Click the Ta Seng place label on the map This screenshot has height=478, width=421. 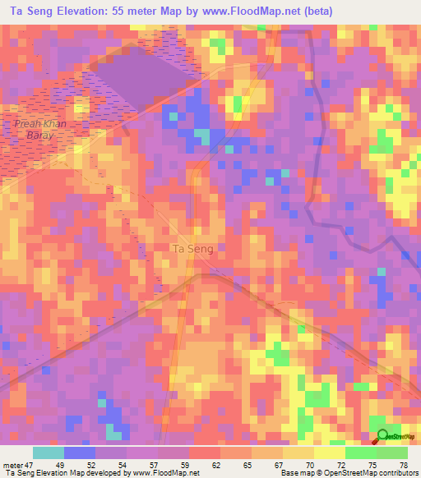192,249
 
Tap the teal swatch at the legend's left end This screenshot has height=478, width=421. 49,453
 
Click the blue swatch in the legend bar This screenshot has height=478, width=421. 80,453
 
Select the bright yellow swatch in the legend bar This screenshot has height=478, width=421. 329,453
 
